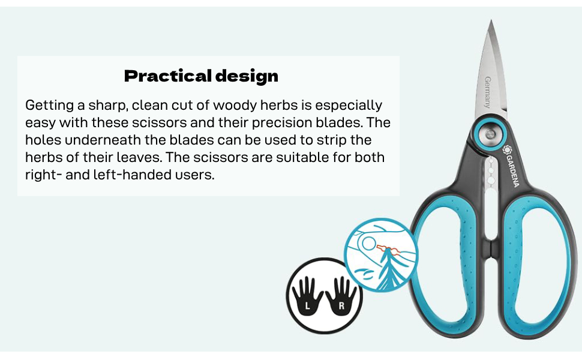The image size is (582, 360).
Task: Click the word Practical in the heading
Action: pos(168,76)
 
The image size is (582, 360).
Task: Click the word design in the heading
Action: pos(247,76)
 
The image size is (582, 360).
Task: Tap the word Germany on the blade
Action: pos(488,92)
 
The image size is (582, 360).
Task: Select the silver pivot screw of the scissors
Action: pos(490,134)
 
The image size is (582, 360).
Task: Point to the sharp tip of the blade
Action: pos(491,21)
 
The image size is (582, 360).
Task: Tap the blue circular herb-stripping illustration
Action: pos(381,255)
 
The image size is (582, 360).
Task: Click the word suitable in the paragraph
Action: pos(297,157)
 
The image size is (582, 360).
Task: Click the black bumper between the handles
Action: pos(491,248)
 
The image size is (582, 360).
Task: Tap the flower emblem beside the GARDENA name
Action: pos(506,149)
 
